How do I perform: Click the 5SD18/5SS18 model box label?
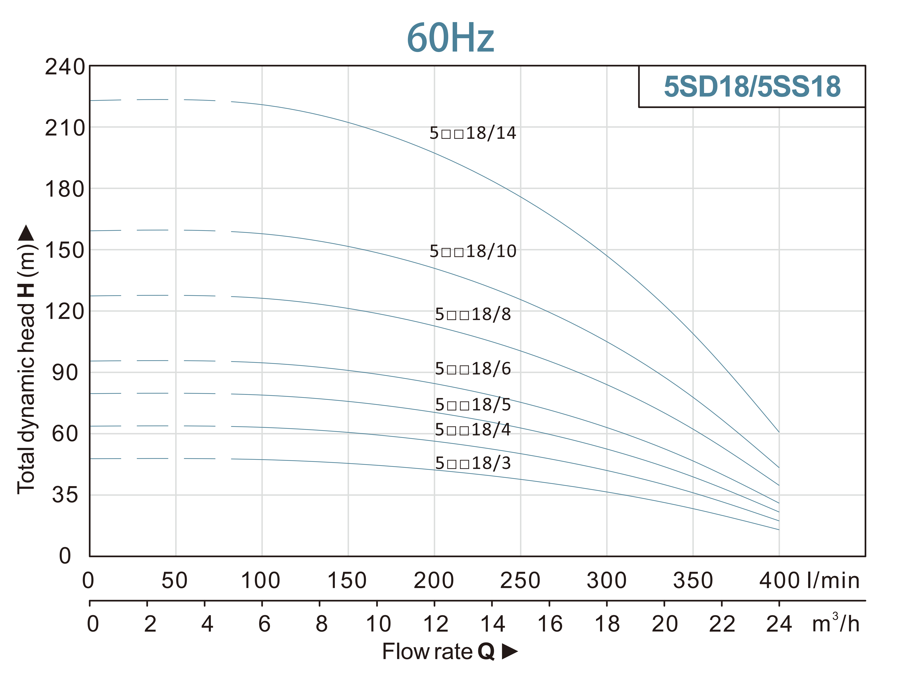click(752, 87)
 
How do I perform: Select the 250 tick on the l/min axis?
click(520, 580)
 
